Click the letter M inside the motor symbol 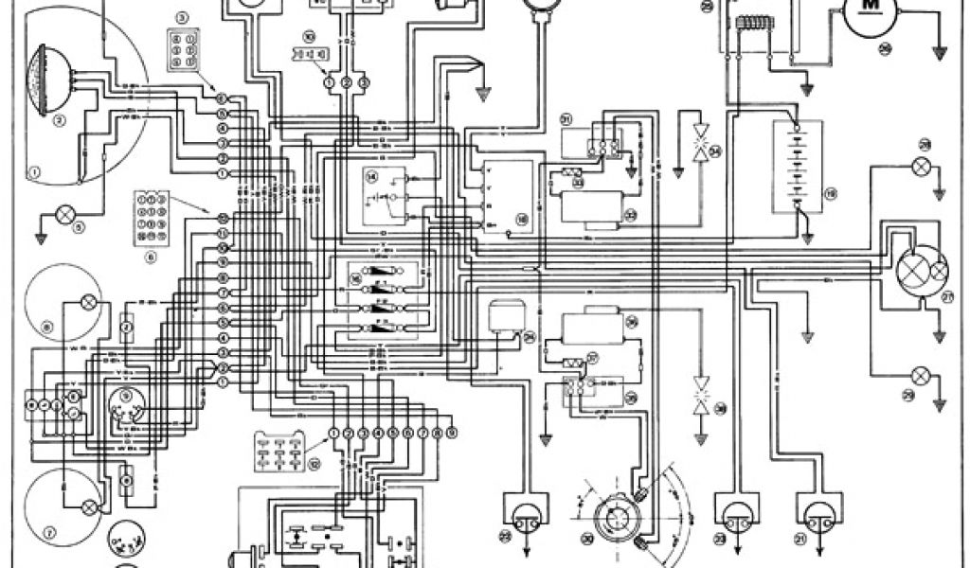868,8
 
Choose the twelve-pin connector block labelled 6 152,214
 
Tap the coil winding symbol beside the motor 754,25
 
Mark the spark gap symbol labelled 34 702,141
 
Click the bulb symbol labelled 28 918,167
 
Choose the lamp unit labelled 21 817,517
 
